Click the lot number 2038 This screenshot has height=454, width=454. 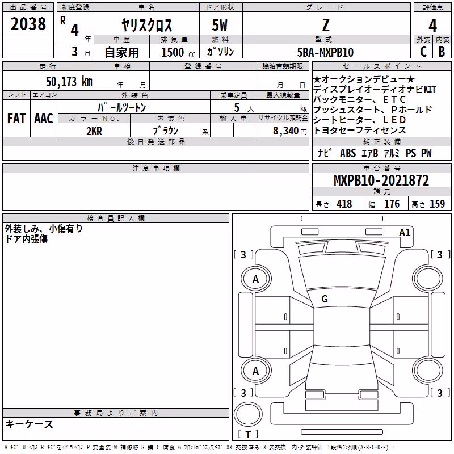28,24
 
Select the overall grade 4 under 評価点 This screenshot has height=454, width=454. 432,26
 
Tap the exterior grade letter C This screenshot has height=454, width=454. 423,52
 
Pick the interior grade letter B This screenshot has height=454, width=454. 442,52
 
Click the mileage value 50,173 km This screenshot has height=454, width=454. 69,82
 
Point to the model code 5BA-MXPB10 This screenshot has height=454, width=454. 325,52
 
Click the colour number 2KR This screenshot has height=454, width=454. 94,131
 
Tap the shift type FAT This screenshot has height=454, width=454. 16,119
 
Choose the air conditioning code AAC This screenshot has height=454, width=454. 44,119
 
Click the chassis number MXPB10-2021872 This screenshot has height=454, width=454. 381,180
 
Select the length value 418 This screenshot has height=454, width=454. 344,204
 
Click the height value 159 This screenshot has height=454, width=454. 437,204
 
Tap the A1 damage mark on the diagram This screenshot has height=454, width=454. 405,233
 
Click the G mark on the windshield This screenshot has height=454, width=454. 325,299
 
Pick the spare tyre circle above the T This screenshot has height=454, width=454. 248,414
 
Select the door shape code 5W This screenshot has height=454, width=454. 220,26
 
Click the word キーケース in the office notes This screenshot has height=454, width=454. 30,424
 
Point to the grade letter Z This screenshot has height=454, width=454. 326,26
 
